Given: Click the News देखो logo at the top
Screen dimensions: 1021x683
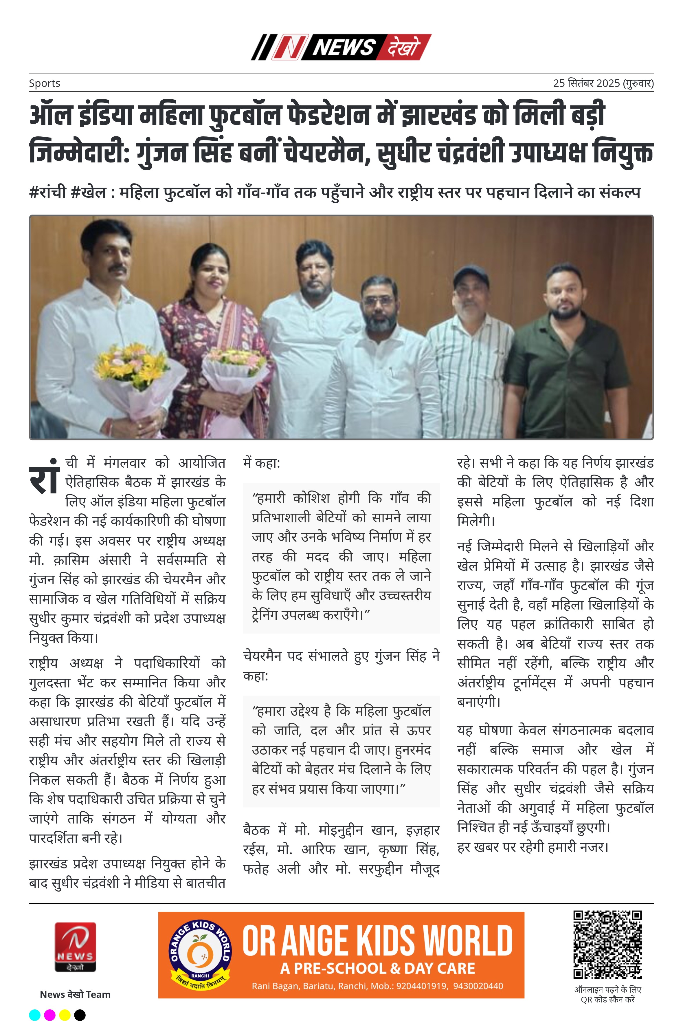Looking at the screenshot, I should pyautogui.click(x=341, y=47).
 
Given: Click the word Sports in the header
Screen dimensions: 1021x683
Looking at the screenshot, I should pyautogui.click(x=45, y=83).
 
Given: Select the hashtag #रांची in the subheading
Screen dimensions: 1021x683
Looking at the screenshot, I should pyautogui.click(x=47, y=192).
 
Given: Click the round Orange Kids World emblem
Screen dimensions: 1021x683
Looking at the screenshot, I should pyautogui.click(x=200, y=955).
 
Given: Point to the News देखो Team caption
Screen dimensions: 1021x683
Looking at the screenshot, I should pyautogui.click(x=75, y=994).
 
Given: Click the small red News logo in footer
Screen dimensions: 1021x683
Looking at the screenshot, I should pyautogui.click(x=75, y=947).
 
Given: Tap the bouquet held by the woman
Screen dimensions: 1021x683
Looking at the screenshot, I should pyautogui.click(x=235, y=368).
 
